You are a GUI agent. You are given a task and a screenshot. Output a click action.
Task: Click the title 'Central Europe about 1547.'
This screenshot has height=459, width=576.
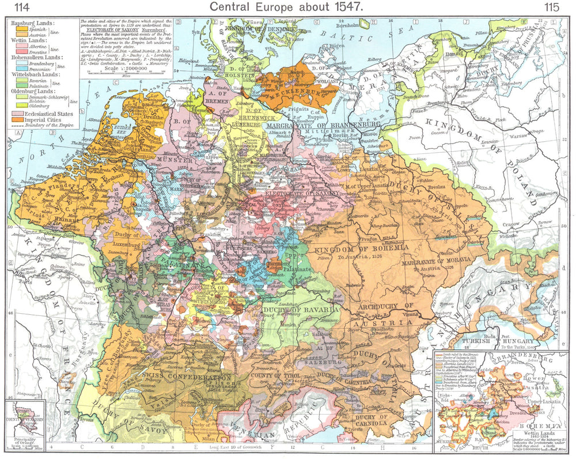click(286, 7)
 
